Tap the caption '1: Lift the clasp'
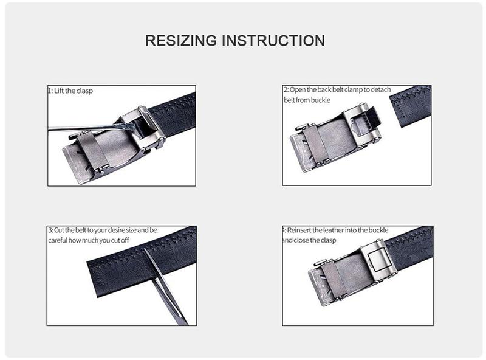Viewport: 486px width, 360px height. tap(71, 91)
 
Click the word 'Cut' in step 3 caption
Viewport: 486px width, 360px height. tap(61, 231)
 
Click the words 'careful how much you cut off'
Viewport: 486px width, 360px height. tap(97, 241)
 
